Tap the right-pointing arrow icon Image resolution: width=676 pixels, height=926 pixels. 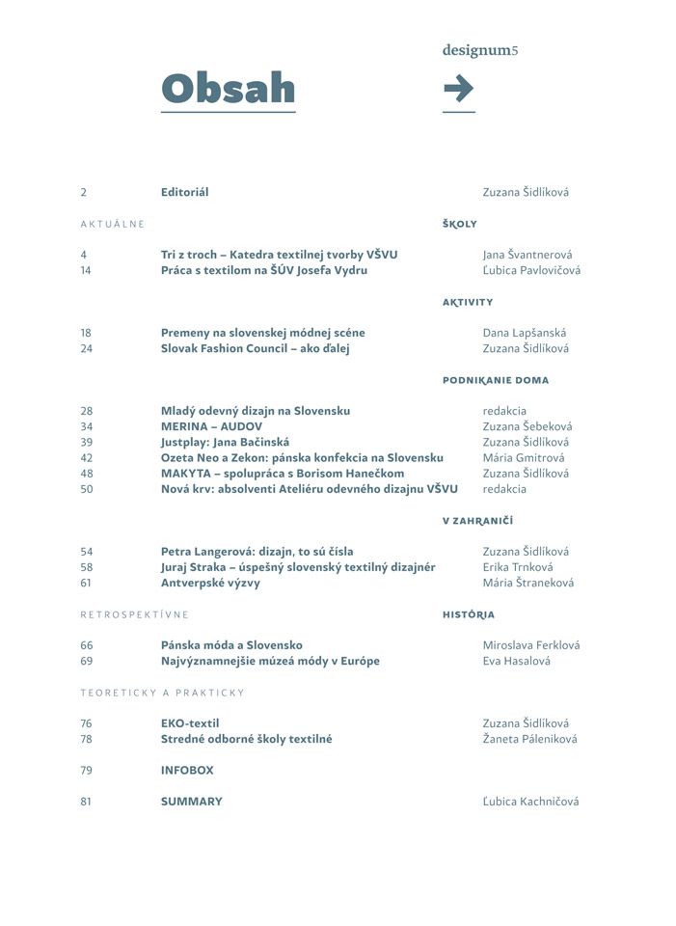458,89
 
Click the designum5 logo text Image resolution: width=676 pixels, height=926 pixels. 480,50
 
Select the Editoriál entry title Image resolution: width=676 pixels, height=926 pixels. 184,192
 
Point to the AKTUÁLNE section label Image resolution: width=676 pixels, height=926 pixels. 112,224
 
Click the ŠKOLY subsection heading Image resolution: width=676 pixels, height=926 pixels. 460,224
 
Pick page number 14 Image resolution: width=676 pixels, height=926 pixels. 87,270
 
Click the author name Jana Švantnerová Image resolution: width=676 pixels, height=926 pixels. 527,255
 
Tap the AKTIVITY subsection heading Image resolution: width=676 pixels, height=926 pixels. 468,302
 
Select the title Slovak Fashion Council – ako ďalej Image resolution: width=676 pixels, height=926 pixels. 255,348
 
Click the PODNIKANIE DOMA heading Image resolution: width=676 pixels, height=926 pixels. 496,380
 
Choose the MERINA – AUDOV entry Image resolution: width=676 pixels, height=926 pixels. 211,426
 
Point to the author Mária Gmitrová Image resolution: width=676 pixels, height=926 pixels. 524,457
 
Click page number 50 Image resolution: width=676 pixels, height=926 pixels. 87,489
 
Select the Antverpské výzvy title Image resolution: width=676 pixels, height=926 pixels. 210,583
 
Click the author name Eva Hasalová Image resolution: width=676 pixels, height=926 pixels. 517,661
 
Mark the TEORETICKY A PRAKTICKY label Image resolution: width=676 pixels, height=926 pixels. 162,693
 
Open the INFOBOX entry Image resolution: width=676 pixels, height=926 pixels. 187,771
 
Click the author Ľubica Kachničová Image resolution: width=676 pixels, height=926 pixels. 530,802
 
